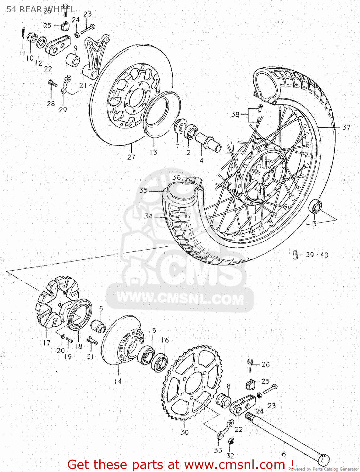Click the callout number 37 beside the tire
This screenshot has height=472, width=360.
346,127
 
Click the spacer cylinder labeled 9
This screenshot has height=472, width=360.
73,60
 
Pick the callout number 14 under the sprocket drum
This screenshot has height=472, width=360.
118,381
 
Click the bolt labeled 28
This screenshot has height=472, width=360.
52,83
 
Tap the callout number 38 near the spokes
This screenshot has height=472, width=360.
235,115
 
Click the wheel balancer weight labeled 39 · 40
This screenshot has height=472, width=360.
295,255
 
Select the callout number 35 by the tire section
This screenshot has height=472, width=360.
143,190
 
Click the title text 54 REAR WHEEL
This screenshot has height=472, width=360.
41,9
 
